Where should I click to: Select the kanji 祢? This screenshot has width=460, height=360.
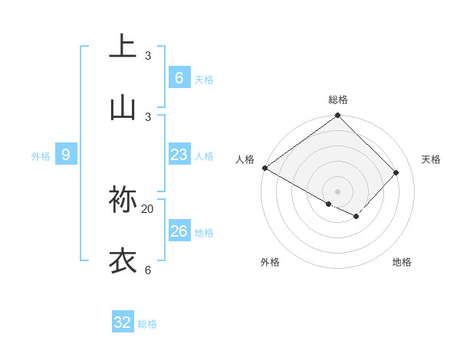click(x=123, y=199)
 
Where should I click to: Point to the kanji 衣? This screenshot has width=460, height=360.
click(x=123, y=260)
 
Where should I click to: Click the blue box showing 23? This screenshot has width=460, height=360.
click(x=179, y=155)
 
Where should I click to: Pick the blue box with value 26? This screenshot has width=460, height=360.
click(x=179, y=231)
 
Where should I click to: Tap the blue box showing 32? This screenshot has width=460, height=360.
click(x=123, y=322)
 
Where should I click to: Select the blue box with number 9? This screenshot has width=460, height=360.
click(x=66, y=155)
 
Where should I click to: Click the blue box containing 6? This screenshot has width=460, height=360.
click(x=179, y=78)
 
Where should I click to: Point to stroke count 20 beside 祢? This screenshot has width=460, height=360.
click(x=148, y=208)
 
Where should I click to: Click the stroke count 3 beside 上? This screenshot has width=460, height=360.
click(x=148, y=55)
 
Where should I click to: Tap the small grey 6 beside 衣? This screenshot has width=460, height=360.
click(x=148, y=270)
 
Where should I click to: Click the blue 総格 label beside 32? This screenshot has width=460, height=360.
click(x=147, y=324)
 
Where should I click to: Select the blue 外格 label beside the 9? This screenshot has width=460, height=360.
click(x=41, y=156)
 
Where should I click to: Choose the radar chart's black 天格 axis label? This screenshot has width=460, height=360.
click(x=431, y=159)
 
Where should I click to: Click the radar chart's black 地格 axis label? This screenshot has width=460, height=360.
click(x=402, y=262)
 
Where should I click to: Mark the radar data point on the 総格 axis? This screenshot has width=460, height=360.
click(x=337, y=116)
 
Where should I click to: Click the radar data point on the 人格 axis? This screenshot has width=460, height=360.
click(x=264, y=168)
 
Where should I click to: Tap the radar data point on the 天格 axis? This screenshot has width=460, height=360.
click(x=396, y=172)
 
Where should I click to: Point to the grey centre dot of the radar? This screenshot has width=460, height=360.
click(x=337, y=191)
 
